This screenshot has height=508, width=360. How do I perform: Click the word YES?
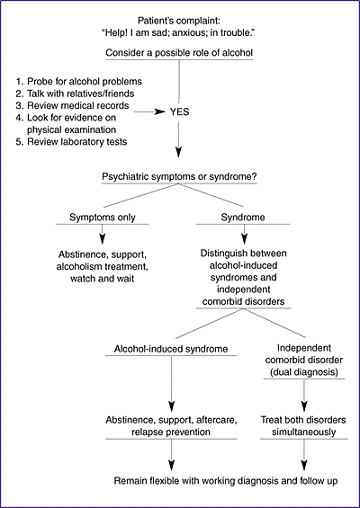coord(179,112)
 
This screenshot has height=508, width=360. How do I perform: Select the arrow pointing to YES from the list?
coord(149,112)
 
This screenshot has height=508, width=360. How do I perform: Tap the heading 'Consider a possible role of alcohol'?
coord(179,53)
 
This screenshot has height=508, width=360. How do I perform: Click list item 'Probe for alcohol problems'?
coord(85,81)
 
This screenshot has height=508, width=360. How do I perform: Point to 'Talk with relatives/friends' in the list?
coord(80,94)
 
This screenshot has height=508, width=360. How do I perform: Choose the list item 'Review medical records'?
coord(77,105)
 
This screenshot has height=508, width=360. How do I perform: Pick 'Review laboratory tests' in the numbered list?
coord(76,142)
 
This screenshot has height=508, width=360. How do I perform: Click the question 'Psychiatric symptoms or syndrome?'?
coord(179,177)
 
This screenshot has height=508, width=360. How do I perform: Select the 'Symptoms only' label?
coord(103,218)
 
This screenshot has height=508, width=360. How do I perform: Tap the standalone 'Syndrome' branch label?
coord(243,217)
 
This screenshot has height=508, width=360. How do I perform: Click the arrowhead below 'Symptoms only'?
coord(103,239)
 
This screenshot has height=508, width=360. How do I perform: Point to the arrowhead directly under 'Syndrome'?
coord(244,239)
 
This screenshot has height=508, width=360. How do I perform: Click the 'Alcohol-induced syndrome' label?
coord(171,349)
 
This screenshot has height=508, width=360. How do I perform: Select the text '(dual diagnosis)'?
coord(304,372)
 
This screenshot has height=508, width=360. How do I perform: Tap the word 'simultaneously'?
coord(303,432)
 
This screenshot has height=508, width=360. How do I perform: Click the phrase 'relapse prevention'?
coord(171,432)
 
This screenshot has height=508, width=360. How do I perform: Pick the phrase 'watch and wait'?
coord(103,279)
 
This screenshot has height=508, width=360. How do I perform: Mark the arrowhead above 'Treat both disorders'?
coord(304,406)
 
